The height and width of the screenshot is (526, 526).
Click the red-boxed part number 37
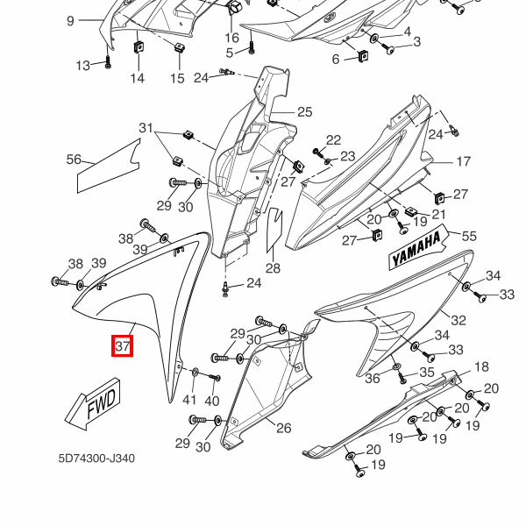[123, 347]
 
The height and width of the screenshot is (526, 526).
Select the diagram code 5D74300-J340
[96, 458]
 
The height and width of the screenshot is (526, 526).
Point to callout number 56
[75, 160]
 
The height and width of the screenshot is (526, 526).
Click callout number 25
[304, 111]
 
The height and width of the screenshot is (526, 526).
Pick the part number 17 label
[463, 161]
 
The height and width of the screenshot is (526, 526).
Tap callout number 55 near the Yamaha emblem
[469, 236]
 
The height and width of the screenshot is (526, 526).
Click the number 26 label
[283, 428]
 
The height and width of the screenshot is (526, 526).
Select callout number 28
[273, 268]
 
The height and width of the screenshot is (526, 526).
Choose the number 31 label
[146, 129]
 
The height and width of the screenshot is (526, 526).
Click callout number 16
[231, 38]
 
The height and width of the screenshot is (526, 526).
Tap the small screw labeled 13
[139, 47]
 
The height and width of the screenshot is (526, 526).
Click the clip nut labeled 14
[178, 48]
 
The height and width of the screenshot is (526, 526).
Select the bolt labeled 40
[215, 377]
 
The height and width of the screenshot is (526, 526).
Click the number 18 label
[481, 366]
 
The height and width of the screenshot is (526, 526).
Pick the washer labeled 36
[395, 366]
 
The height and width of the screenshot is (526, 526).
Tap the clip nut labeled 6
[361, 57]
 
